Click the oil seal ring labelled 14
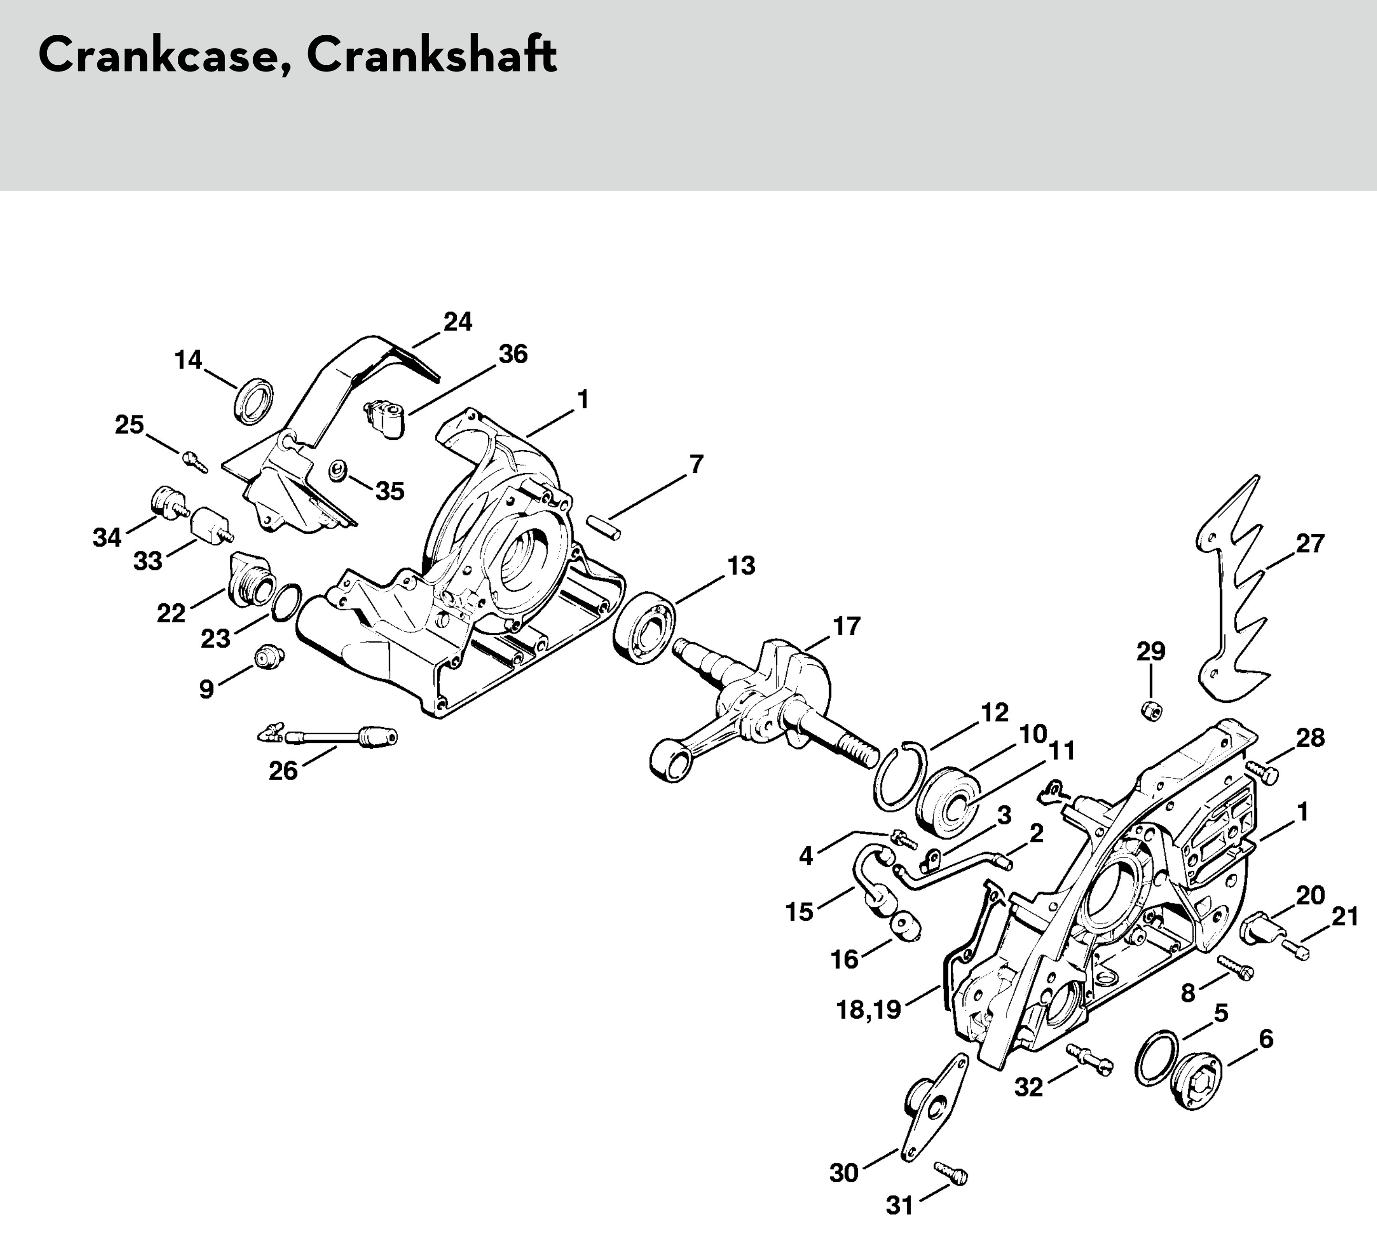pyautogui.click(x=254, y=400)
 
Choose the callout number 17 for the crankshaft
pyautogui.click(x=846, y=626)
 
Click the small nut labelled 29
pyautogui.click(x=1151, y=710)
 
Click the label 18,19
pyautogui.click(x=869, y=1010)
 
